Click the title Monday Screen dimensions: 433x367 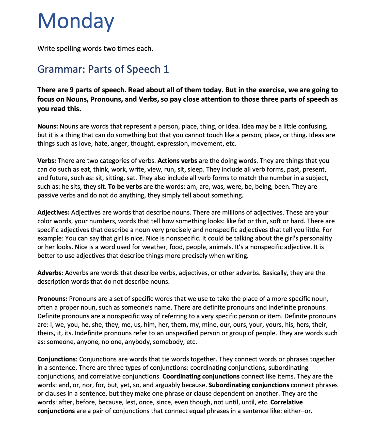(76, 21)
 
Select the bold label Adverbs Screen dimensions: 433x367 (49, 273)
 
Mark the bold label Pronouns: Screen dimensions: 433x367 (52, 299)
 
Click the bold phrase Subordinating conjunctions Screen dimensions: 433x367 (249, 385)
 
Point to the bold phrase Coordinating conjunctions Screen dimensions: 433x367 (201, 376)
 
